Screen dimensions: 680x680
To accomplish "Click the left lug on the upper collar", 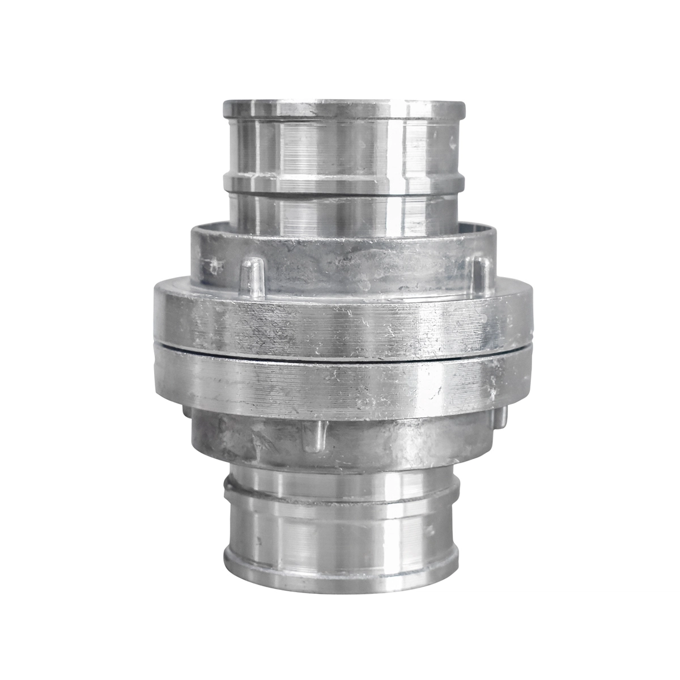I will [x=250, y=278].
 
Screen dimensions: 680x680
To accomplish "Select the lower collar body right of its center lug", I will [x=397, y=442].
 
